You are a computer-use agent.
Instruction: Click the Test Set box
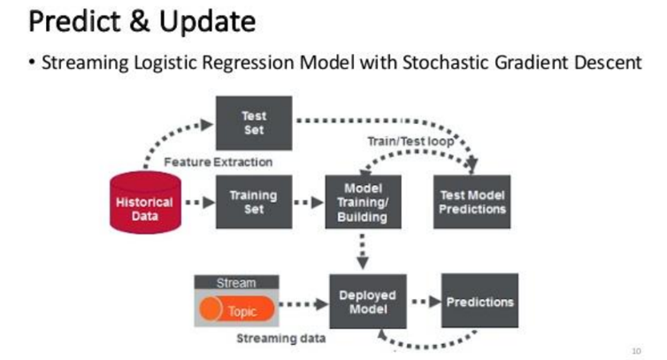254,123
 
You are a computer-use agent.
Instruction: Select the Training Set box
254,202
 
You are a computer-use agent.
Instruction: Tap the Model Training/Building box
364,202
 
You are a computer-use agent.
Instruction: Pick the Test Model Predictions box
472,202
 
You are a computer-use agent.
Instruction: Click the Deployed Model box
368,302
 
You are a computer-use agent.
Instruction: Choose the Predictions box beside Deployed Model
479,301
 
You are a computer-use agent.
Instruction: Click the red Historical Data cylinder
145,203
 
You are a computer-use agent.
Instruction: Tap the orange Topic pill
237,309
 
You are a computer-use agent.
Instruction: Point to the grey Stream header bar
236,282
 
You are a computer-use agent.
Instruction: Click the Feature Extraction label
218,162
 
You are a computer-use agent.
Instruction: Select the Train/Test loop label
411,142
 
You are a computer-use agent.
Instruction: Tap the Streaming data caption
281,338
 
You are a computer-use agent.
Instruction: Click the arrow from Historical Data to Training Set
200,203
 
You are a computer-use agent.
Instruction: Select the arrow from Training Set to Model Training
310,203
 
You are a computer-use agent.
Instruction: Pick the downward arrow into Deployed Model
363,251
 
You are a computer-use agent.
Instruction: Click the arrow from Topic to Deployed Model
303,303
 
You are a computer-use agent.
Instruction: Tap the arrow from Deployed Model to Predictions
425,302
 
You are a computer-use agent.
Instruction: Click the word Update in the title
208,22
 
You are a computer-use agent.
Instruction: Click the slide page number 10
636,351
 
